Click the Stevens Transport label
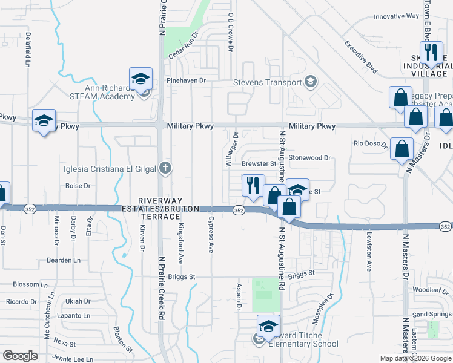click(268, 82)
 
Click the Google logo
click(20, 356)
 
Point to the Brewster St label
click(259, 163)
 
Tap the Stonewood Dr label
click(310, 157)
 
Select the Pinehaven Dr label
click(186, 80)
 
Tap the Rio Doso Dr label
click(371, 143)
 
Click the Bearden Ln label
click(64, 260)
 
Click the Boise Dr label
click(78, 186)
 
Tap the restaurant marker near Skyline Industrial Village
click(431, 53)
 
